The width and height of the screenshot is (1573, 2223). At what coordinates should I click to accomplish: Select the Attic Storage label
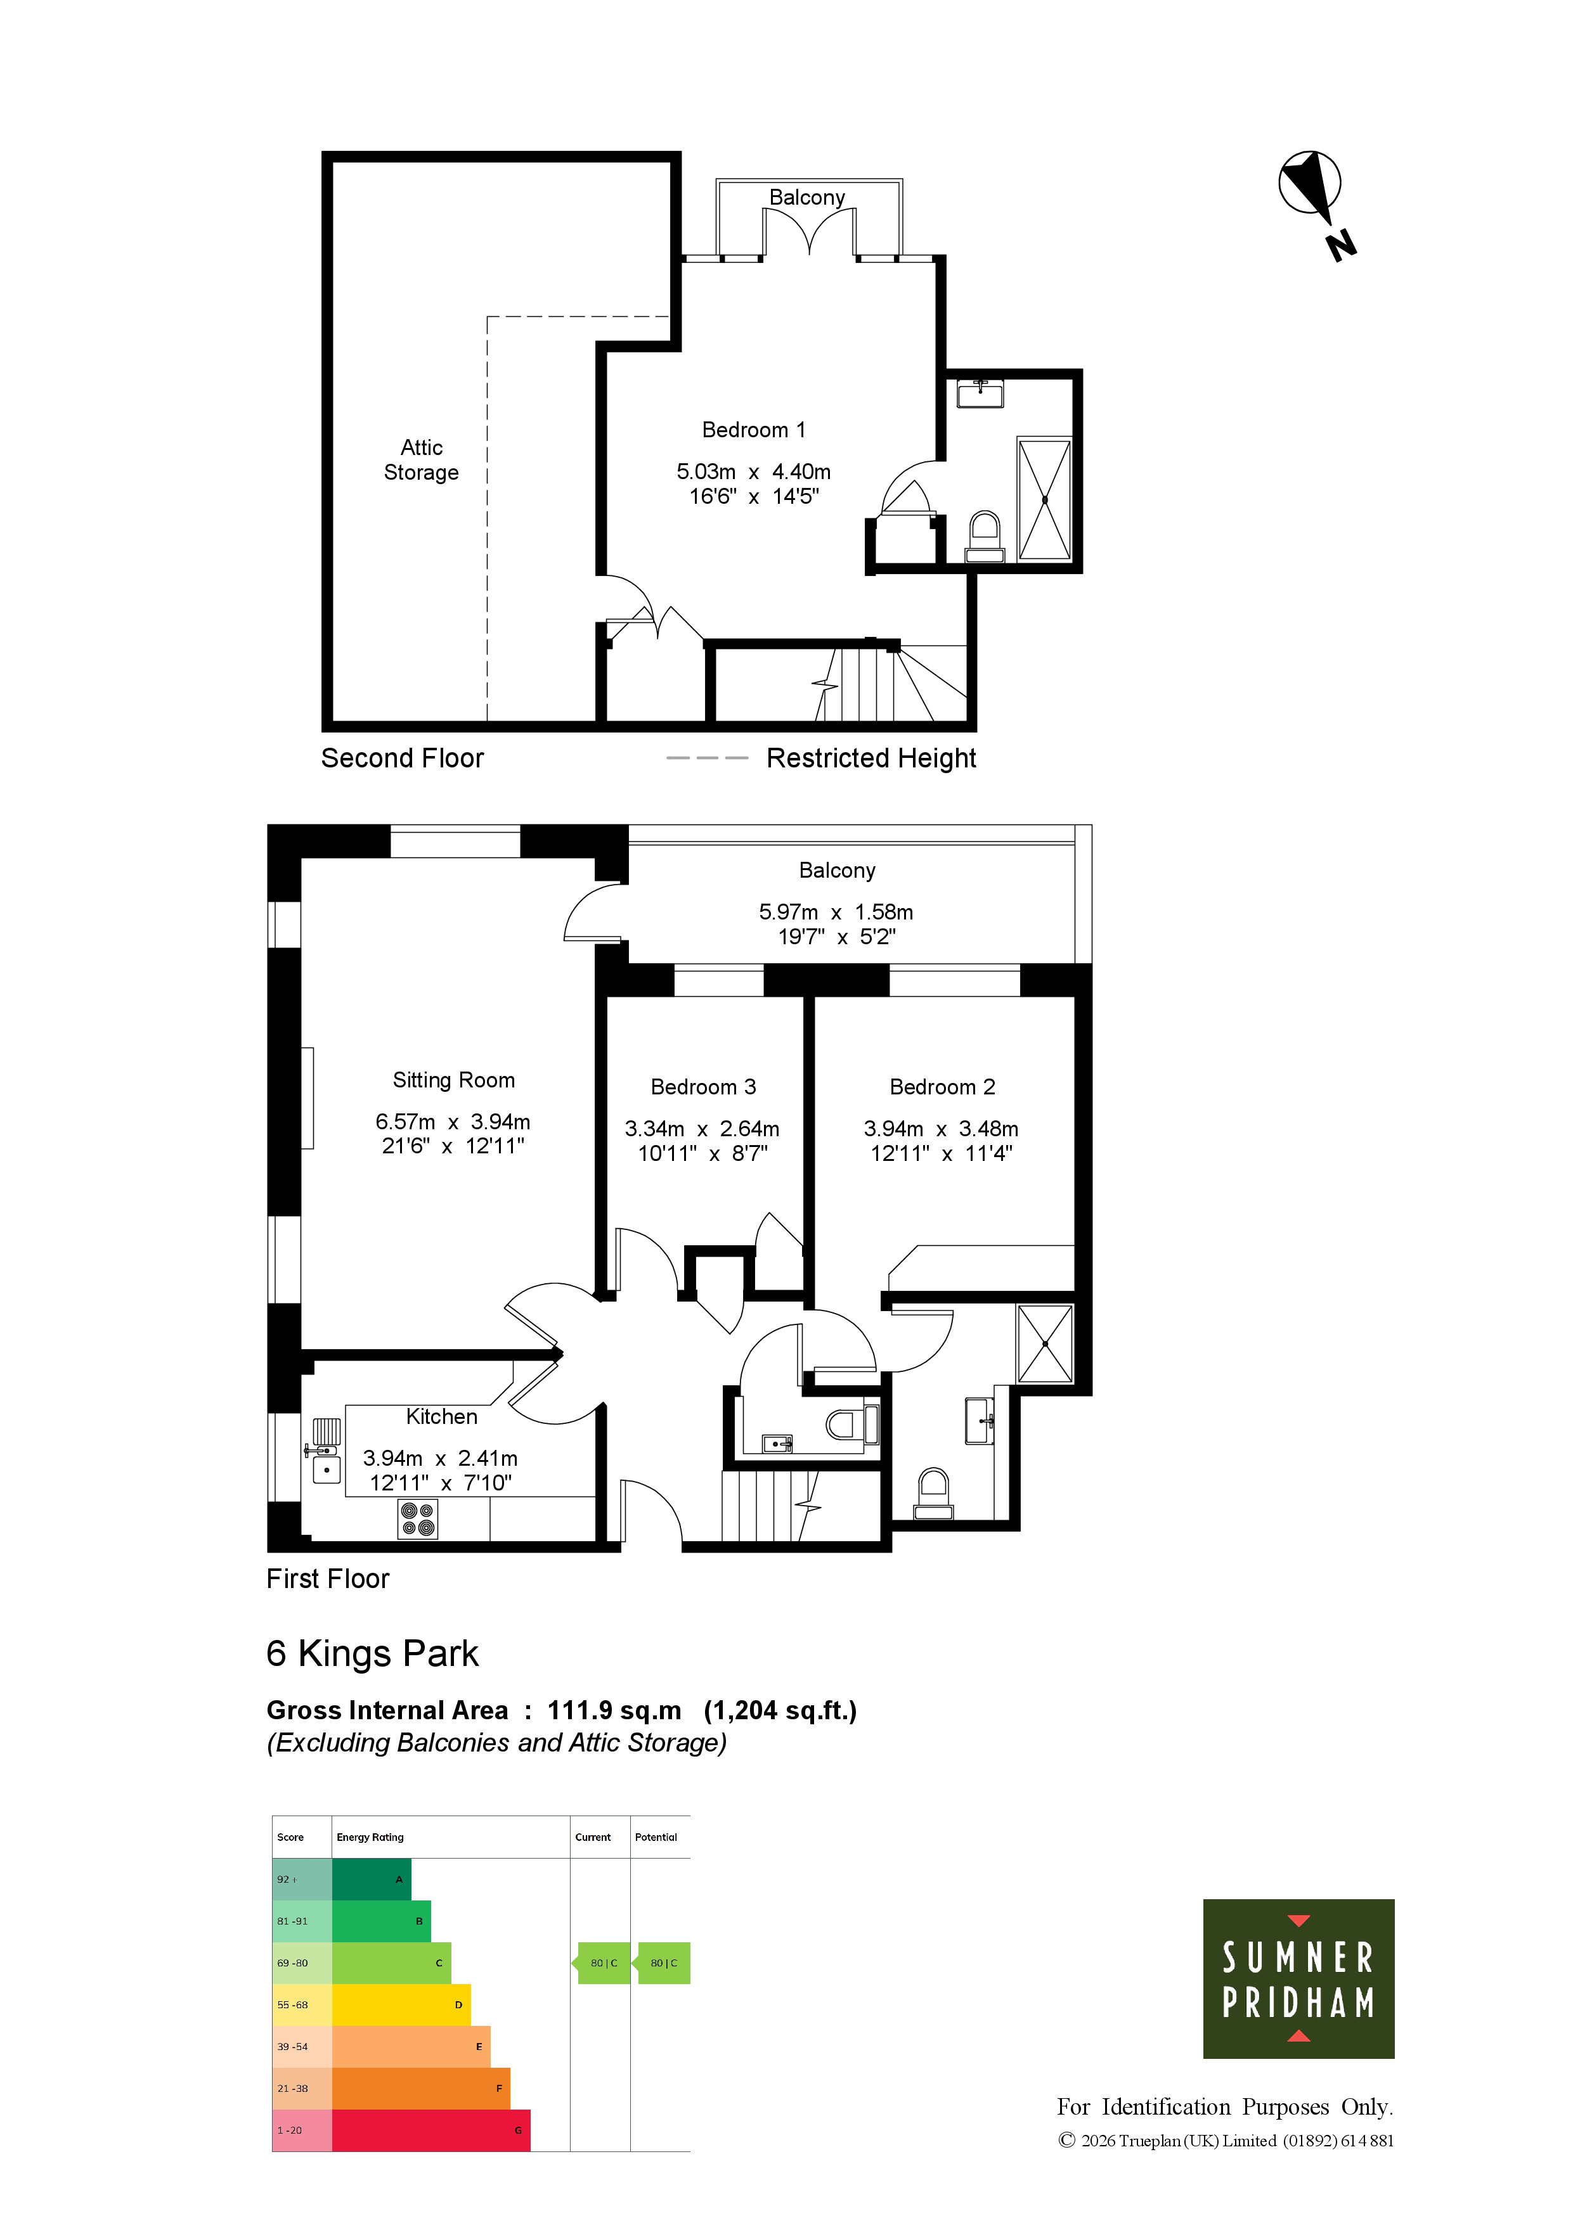point(422,460)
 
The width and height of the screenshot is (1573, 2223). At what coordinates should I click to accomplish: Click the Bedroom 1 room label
point(754,430)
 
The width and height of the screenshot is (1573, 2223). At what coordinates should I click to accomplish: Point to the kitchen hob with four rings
point(417,1519)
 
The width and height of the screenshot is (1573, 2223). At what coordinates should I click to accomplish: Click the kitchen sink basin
point(327,1470)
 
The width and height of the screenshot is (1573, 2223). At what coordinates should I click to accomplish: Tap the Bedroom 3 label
point(703,1087)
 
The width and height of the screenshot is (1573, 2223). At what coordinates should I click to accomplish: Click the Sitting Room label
point(453,1080)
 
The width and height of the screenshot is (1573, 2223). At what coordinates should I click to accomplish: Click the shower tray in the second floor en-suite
point(1045,499)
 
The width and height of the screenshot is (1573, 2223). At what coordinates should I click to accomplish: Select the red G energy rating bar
point(431,2130)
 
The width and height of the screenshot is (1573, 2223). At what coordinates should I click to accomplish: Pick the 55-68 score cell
point(302,2004)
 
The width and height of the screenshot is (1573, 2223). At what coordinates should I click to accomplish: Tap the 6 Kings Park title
point(373,1654)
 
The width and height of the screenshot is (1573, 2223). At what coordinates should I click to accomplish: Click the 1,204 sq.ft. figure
point(780,1712)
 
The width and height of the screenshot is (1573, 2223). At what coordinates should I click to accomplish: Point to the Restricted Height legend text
point(871,758)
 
